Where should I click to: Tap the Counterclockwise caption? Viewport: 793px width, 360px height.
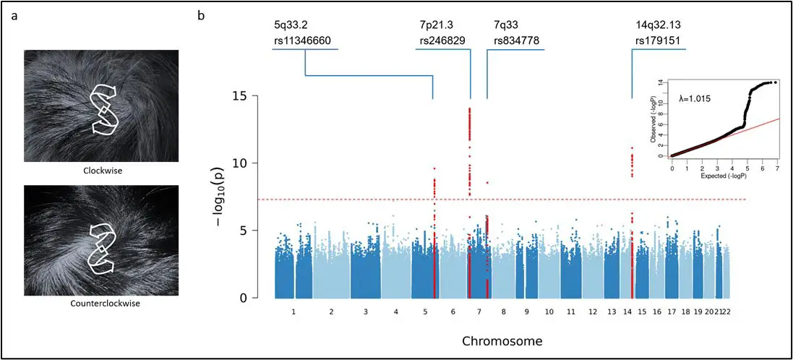pyautogui.click(x=100, y=304)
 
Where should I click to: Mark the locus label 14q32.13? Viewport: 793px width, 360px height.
pyautogui.click(x=658, y=24)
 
